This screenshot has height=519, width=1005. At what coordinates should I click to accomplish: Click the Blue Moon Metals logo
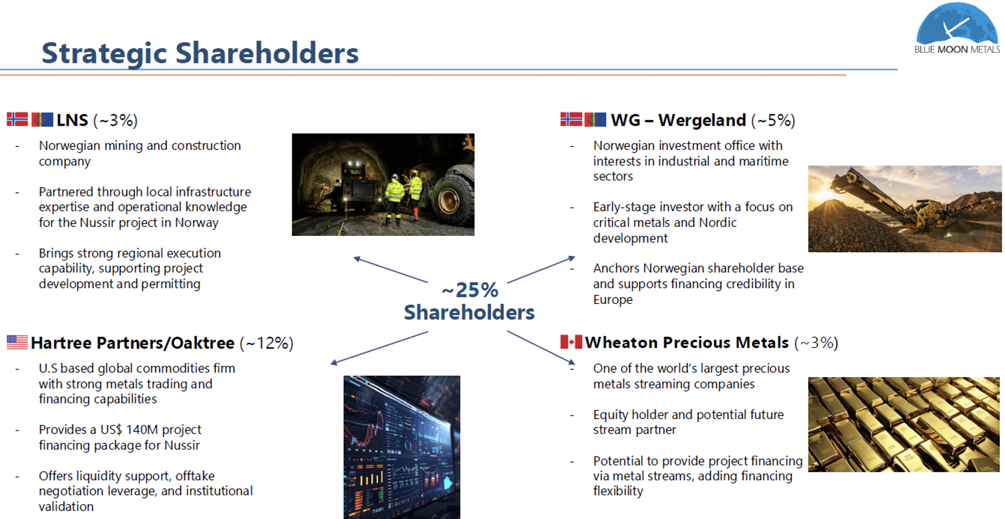tap(956, 28)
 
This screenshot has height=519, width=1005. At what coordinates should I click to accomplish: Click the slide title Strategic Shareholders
tap(200, 53)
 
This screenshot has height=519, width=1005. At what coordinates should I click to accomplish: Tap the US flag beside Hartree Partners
tap(17, 342)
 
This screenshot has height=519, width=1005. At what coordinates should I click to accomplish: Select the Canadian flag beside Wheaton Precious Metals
tap(571, 342)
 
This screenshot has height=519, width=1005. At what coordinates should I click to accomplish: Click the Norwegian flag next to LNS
tap(17, 119)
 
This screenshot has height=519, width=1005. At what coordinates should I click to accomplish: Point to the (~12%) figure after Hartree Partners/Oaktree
tap(266, 343)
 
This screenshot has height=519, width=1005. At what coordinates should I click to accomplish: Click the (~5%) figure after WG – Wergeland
tap(773, 120)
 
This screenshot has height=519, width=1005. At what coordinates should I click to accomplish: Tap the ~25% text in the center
tap(470, 290)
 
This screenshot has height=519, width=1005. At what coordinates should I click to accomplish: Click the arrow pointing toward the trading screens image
tap(379, 348)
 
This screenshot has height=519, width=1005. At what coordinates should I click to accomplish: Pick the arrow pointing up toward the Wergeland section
tap(541, 269)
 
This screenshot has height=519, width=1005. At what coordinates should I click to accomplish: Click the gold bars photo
tap(904, 424)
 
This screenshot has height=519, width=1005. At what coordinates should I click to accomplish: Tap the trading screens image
tap(402, 447)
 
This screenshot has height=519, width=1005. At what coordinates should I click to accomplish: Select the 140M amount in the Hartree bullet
tap(142, 429)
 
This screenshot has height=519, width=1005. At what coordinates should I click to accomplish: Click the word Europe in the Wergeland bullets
tap(613, 299)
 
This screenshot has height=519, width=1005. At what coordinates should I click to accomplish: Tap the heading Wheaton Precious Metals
tap(686, 342)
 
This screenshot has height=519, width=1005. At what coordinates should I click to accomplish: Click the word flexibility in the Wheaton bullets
tap(618, 491)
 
